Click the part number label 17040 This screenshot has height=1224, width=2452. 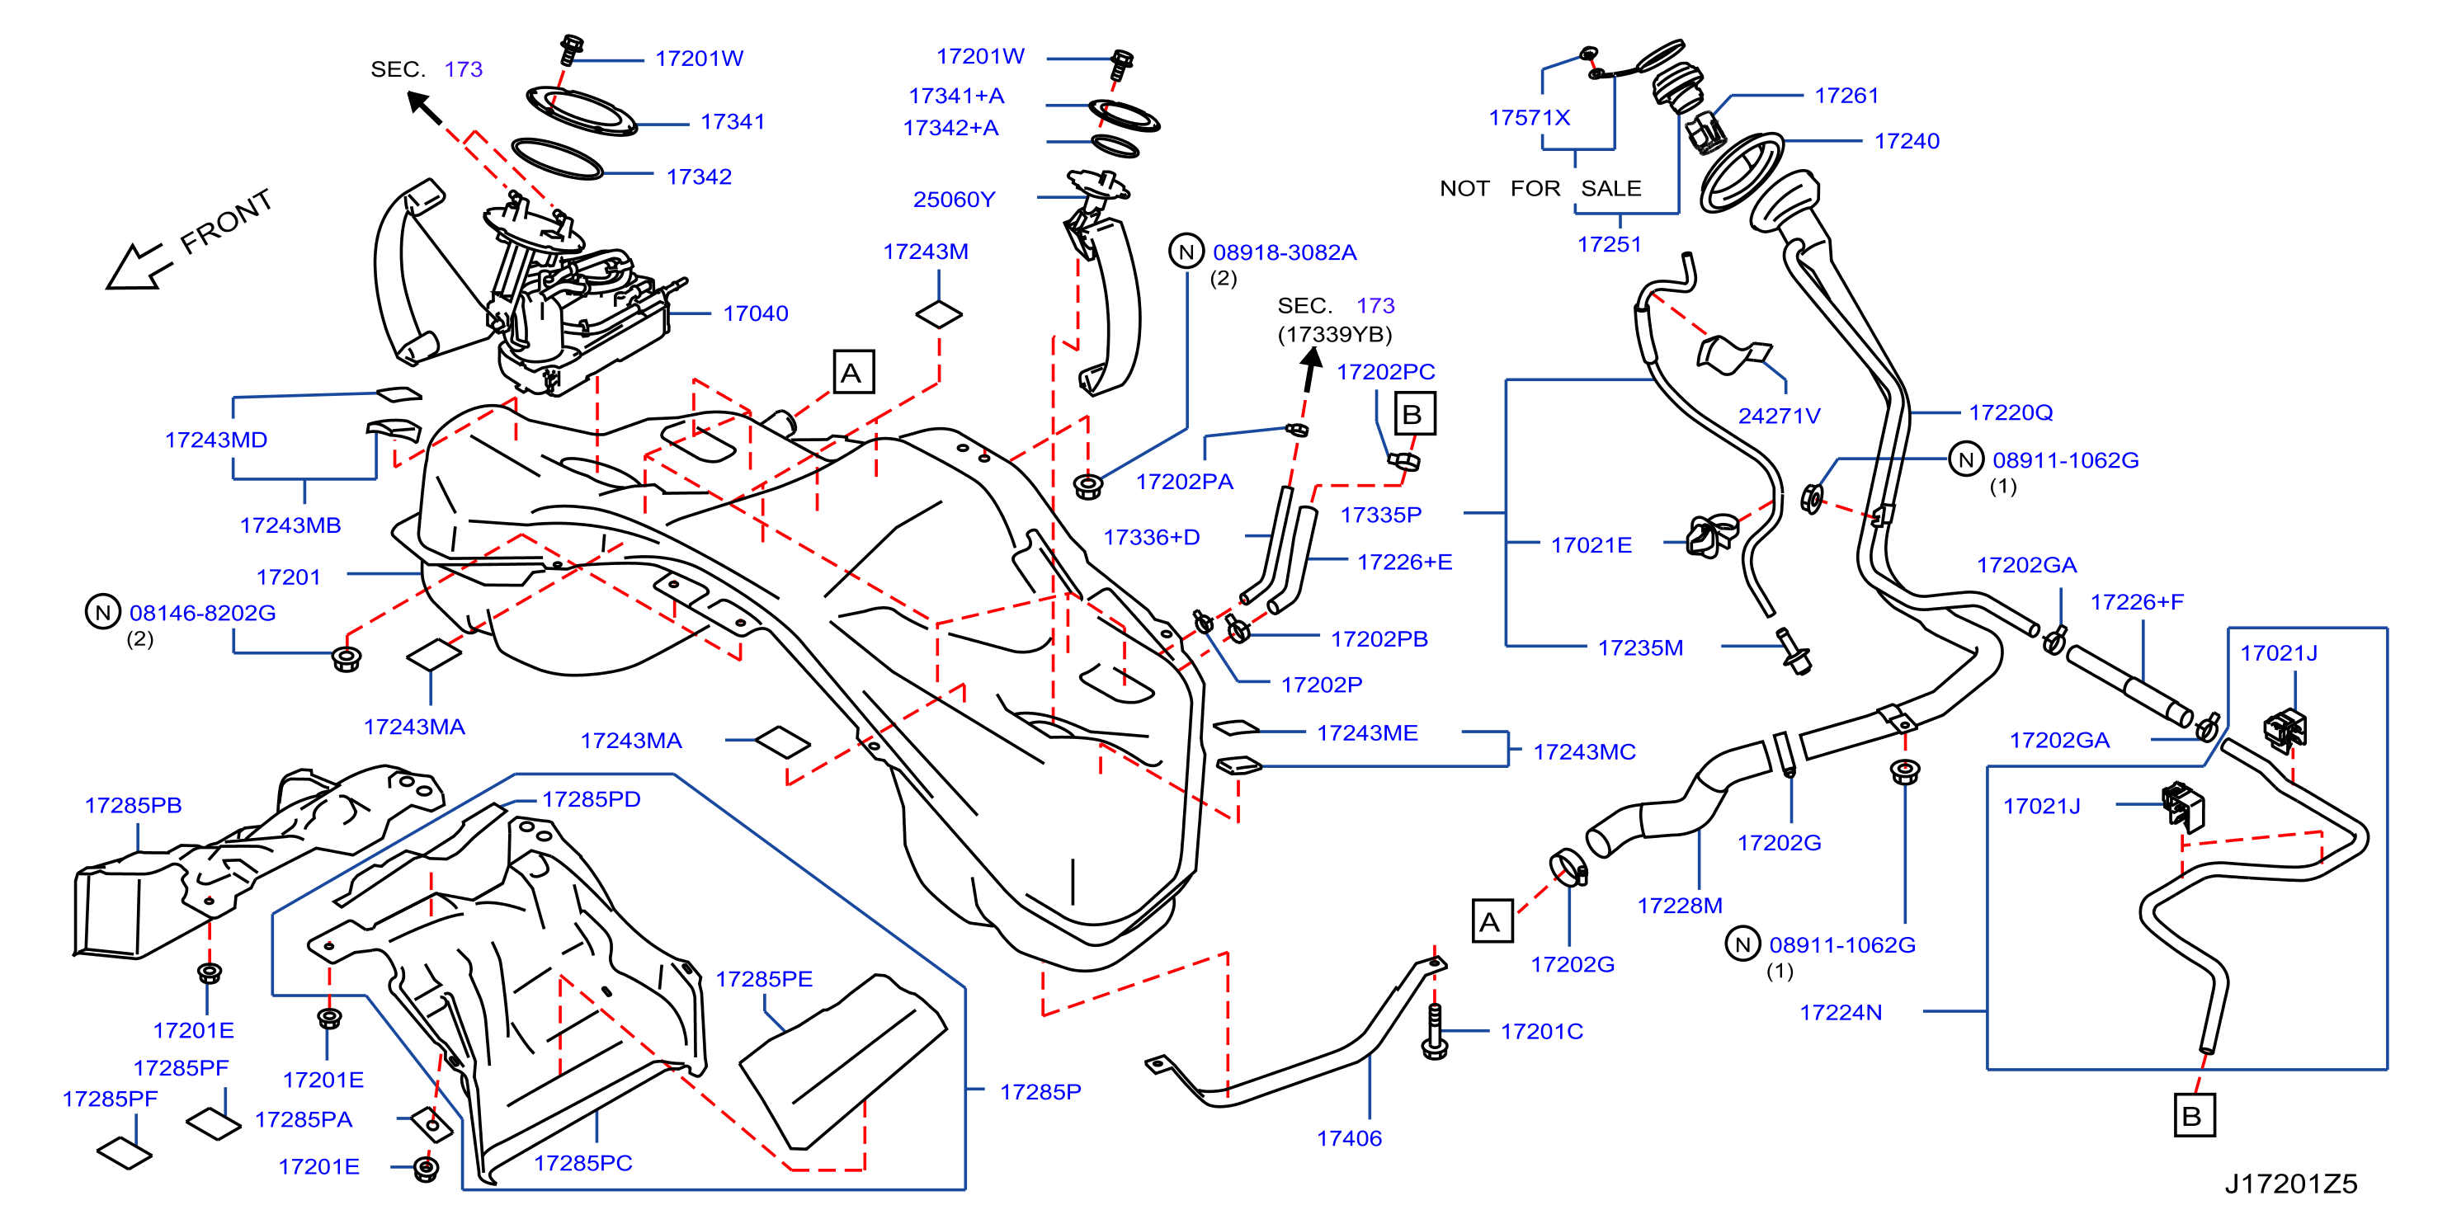755,313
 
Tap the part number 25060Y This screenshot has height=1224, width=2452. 954,199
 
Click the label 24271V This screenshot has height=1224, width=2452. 1779,415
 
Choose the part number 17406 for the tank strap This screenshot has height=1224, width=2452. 1349,1137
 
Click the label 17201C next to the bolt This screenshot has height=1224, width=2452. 1542,1031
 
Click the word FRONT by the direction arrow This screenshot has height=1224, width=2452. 227,222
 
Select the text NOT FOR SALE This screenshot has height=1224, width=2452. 1540,188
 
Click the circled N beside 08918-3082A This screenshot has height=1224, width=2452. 1186,252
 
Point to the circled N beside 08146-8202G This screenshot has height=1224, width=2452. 103,612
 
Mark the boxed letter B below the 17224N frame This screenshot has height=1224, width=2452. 2194,1115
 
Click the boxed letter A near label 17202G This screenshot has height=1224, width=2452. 1492,920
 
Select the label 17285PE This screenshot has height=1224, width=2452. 763,978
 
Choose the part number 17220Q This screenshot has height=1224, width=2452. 2011,412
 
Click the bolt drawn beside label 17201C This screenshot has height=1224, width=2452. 1435,1031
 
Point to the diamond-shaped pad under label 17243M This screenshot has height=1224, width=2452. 939,314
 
